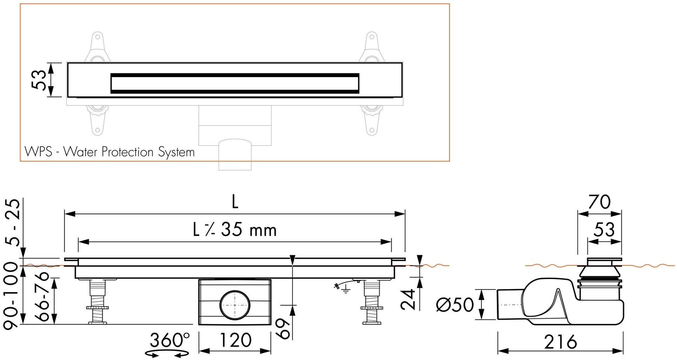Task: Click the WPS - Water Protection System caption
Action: click(x=109, y=152)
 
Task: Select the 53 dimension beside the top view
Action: click(x=39, y=80)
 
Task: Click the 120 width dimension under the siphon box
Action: click(x=235, y=340)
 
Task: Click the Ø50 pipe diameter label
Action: click(x=455, y=305)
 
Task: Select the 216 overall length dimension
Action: click(x=560, y=342)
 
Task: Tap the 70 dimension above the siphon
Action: click(x=599, y=202)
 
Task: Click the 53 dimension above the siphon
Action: click(x=604, y=230)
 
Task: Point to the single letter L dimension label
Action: click(x=235, y=202)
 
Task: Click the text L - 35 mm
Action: click(x=235, y=230)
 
